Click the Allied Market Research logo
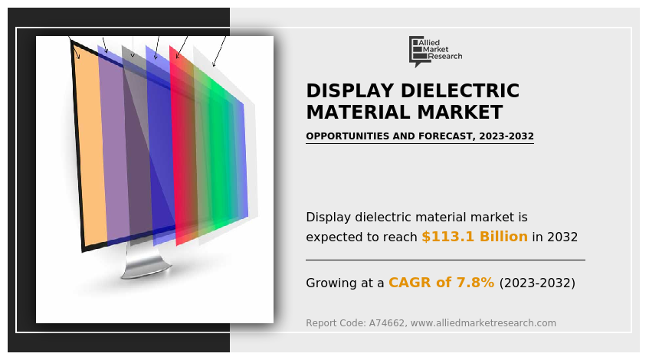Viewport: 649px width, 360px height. (435, 51)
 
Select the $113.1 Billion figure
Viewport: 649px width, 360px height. (474, 237)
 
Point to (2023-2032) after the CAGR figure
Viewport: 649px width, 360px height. (536, 283)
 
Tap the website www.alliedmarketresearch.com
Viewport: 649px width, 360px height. (483, 323)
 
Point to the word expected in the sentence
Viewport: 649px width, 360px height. (333, 237)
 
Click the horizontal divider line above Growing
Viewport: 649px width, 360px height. (444, 260)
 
